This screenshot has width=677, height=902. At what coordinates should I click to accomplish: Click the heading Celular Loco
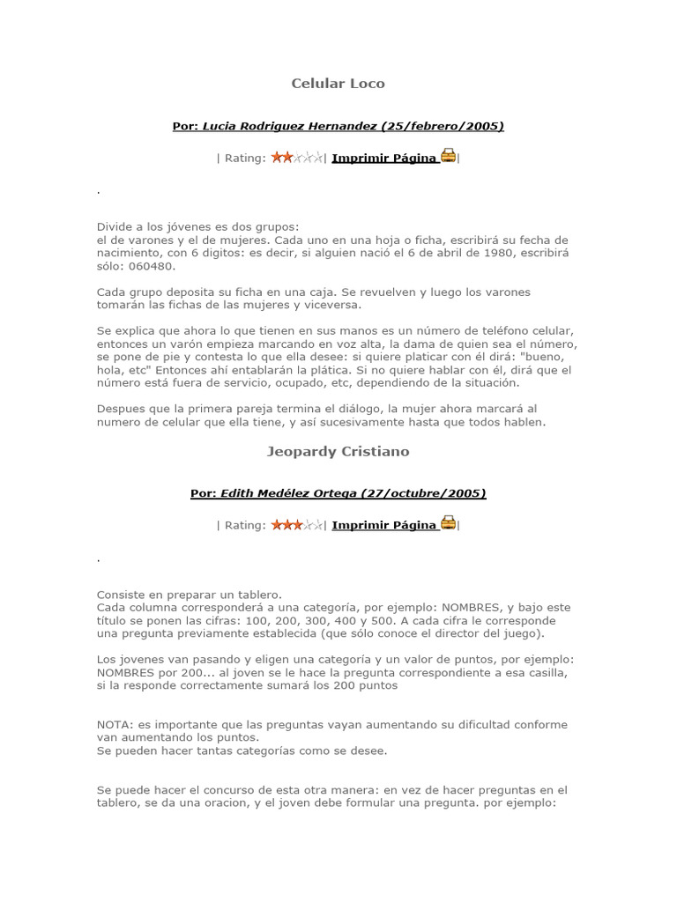338,84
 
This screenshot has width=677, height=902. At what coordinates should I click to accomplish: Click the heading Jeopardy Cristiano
338,451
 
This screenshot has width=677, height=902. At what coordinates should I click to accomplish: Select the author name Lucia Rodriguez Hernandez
291,126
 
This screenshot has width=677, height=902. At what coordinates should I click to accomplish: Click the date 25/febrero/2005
443,126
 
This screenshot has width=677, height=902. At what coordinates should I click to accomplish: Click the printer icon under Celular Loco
448,157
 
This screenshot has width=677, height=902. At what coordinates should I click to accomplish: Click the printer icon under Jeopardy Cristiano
448,524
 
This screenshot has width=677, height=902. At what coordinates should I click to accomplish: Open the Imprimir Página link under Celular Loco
383,159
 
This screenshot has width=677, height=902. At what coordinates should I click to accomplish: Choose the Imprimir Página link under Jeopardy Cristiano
383,526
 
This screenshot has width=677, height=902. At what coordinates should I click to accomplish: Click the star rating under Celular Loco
297,158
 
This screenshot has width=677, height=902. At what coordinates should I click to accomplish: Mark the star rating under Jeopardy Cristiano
297,525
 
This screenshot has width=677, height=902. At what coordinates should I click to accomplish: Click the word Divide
114,226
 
